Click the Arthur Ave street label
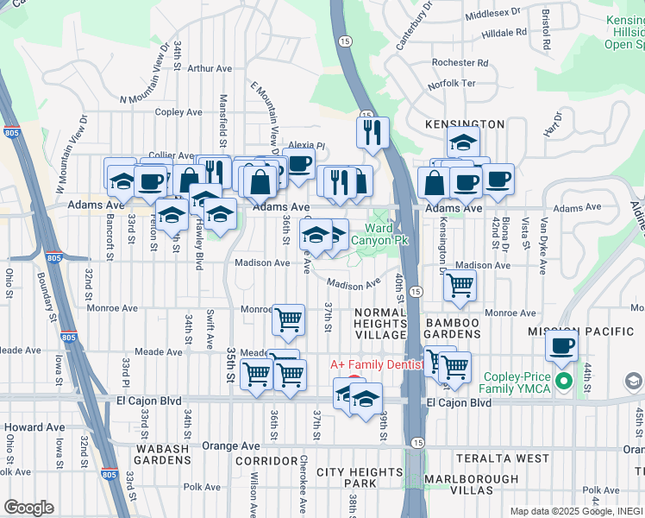coord(210,68)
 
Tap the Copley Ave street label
coord(178,112)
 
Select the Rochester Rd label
coord(460,63)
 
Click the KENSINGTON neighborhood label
coord(465,125)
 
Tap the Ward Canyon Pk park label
coord(385,234)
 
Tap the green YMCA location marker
coord(565,381)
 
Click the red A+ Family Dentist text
coord(378,365)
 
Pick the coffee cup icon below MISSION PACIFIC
coord(562,346)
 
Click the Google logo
coord(28,508)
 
